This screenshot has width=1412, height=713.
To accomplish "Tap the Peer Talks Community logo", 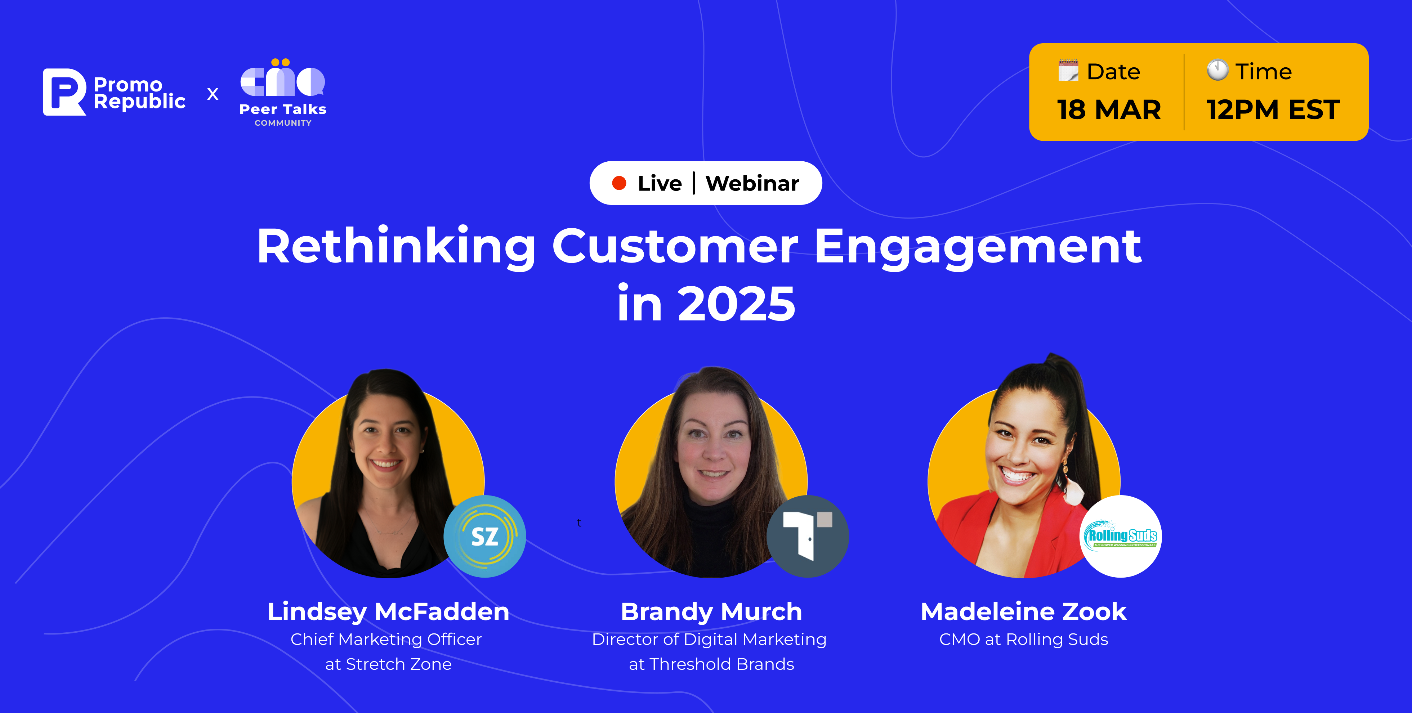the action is click(283, 93).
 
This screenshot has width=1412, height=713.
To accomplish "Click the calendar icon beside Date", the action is click(1068, 71).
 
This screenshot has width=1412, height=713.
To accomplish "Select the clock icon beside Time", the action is click(1217, 70).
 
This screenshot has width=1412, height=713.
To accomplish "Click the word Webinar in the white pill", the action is click(752, 183).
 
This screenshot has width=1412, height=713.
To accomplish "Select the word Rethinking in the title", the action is click(396, 247).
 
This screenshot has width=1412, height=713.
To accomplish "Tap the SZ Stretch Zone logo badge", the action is click(484, 536).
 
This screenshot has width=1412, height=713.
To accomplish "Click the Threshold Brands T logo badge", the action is click(808, 536).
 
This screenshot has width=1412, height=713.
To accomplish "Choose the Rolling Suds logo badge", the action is click(1120, 536).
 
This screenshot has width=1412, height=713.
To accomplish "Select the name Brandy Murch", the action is click(711, 611).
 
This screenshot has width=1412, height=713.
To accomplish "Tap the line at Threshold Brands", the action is click(711, 664).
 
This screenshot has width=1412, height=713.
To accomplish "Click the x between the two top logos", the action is click(213, 94).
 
